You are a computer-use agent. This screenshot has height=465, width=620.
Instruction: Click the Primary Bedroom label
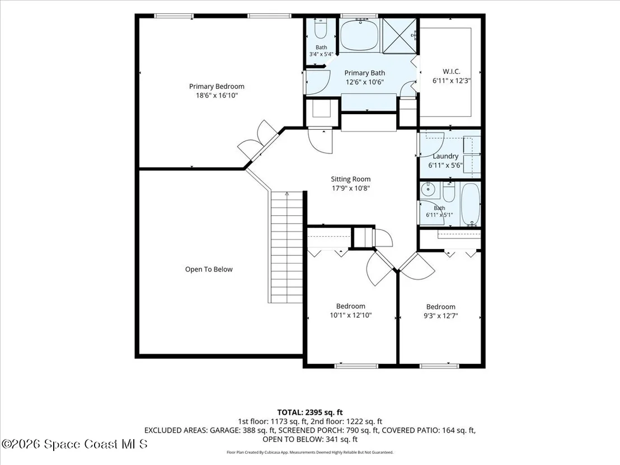pos(217,86)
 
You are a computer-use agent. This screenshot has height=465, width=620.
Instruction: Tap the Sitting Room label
pos(351,179)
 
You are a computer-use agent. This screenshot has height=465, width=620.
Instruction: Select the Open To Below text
pos(209,269)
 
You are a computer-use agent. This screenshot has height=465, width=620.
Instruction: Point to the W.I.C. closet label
pos(451,72)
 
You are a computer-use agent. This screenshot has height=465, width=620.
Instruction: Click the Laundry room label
pos(445,156)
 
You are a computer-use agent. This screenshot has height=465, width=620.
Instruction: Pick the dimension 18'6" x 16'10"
pos(217,95)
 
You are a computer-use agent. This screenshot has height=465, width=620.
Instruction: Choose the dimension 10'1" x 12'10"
pos(351,315)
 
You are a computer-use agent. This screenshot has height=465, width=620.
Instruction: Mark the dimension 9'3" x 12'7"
pos(440,316)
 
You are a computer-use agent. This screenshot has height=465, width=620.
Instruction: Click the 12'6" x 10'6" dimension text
pos(365,82)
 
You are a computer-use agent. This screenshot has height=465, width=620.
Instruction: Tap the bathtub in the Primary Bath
pos(359,35)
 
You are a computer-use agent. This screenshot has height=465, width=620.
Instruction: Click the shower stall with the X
pos(400,35)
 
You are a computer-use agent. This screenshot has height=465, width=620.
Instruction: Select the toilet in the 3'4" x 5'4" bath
pos(320,29)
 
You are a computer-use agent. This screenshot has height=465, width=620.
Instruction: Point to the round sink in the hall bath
pos(428,190)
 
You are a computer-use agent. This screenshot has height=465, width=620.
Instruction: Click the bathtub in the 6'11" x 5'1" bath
pos(471,204)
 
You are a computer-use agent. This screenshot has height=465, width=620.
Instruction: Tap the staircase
pos(286,247)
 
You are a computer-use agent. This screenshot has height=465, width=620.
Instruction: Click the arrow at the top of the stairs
pos(286,194)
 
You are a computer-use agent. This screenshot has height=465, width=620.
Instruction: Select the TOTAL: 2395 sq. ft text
pos(309,412)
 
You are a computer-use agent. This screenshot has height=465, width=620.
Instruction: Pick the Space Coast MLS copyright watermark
pos(74,444)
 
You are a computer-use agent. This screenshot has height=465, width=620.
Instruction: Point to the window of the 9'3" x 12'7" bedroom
pos(439,366)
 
